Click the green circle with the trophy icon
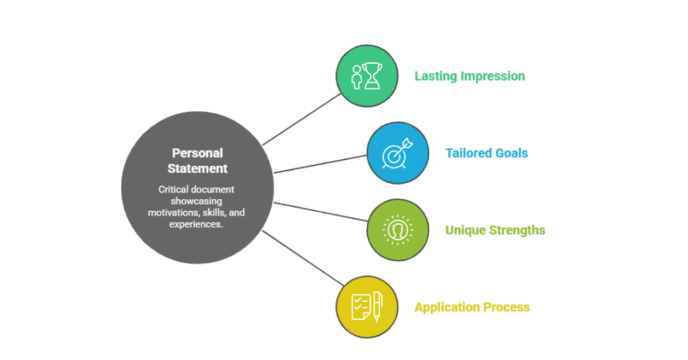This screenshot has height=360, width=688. tap(366, 76)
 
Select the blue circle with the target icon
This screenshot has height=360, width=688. tap(397, 153)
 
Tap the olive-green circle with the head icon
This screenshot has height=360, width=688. tap(397, 230)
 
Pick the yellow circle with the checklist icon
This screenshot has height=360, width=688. tap(366, 307)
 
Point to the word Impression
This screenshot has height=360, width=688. tap(492, 76)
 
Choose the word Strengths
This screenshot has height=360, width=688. tap(518, 230)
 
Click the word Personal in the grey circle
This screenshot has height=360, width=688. tap(198, 153)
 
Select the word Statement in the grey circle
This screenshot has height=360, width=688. tap(198, 169)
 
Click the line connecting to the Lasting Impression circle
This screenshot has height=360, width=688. tap(302, 119)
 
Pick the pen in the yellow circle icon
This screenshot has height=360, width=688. tap(376, 306)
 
